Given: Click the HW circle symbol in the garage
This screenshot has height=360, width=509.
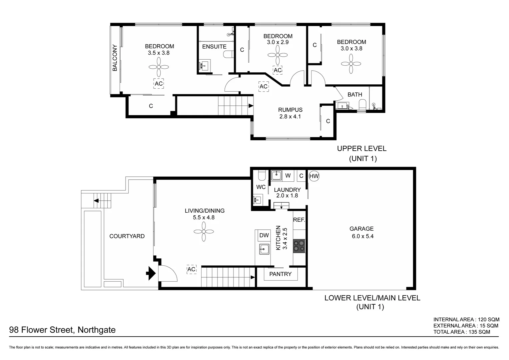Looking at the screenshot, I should (314, 176).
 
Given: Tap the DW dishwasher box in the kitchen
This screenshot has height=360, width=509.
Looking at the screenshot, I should (264, 235).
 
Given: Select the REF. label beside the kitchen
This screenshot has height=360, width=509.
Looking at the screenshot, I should (299, 220).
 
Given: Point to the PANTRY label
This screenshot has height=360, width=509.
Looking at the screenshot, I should (280, 274).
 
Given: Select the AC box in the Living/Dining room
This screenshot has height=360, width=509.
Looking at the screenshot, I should (191, 269).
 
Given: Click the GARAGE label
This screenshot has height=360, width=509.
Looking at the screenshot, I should (361, 229).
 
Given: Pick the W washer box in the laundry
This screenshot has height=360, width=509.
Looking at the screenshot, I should (288, 176).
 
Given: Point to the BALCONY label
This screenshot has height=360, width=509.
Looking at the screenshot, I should (115, 58).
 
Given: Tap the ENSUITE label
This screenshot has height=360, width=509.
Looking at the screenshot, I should (214, 47).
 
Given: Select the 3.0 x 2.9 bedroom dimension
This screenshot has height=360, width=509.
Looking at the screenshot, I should (277, 42).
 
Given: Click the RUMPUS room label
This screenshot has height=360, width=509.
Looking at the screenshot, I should (290, 110).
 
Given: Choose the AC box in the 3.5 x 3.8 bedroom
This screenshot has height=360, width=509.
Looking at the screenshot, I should (159, 83).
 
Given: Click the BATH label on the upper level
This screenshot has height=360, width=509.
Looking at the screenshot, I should (354, 95).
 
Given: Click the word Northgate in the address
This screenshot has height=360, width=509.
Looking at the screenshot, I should (96, 330).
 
